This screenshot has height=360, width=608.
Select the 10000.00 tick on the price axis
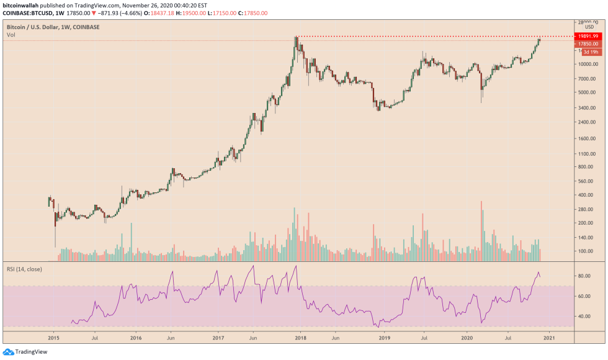click(588, 64)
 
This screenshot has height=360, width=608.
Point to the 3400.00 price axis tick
click(586, 107)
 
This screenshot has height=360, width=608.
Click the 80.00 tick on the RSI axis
click(584, 276)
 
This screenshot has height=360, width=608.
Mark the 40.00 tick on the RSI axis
click(584, 316)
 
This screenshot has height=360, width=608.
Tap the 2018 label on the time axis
click(300, 338)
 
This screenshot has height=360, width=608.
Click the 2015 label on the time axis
click(53, 338)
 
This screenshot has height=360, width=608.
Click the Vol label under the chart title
click(11, 35)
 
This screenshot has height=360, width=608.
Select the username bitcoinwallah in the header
click(22, 4)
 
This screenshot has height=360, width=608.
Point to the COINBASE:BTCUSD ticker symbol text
click(29, 12)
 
